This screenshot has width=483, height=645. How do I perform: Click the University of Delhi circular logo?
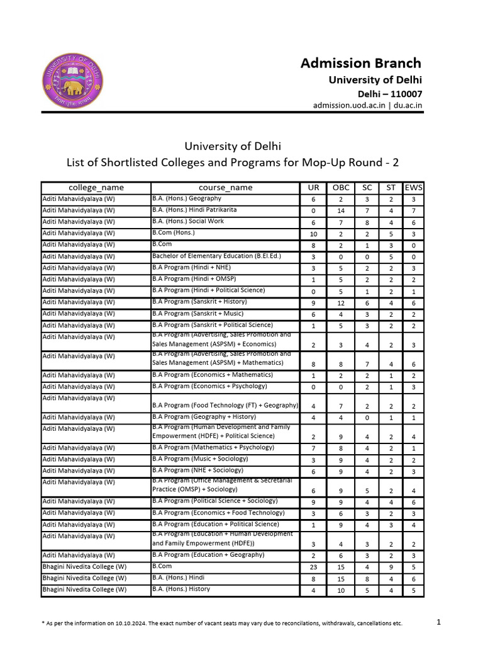pyautogui.click(x=73, y=80)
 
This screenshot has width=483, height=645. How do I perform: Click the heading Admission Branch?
pyautogui.click(x=360, y=63)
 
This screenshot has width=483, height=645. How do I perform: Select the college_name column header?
pyautogui.click(x=96, y=187)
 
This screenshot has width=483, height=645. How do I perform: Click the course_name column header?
pyautogui.click(x=225, y=187)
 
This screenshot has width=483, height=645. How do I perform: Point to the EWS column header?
pyautogui.click(x=413, y=187)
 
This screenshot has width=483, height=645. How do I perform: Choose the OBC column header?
pyautogui.click(x=340, y=187)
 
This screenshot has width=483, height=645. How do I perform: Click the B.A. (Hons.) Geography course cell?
pyautogui.click(x=187, y=198)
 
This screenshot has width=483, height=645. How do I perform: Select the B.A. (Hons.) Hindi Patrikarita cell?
pyautogui.click(x=194, y=210)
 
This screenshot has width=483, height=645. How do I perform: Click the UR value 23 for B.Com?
pyautogui.click(x=313, y=567)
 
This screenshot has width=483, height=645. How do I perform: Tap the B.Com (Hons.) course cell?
pyautogui.click(x=174, y=233)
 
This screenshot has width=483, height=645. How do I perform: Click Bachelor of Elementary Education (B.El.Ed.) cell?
pyautogui.click(x=209, y=256)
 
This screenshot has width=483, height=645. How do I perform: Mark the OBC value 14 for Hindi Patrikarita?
pyautogui.click(x=340, y=211)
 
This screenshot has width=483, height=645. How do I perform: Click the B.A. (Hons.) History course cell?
pyautogui.click(x=181, y=589)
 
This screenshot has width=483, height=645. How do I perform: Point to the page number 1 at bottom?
pyautogui.click(x=439, y=622)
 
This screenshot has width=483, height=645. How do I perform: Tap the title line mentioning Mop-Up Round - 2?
pyautogui.click(x=233, y=163)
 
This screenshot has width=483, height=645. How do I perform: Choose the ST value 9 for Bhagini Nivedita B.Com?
pyautogui.click(x=391, y=567)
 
